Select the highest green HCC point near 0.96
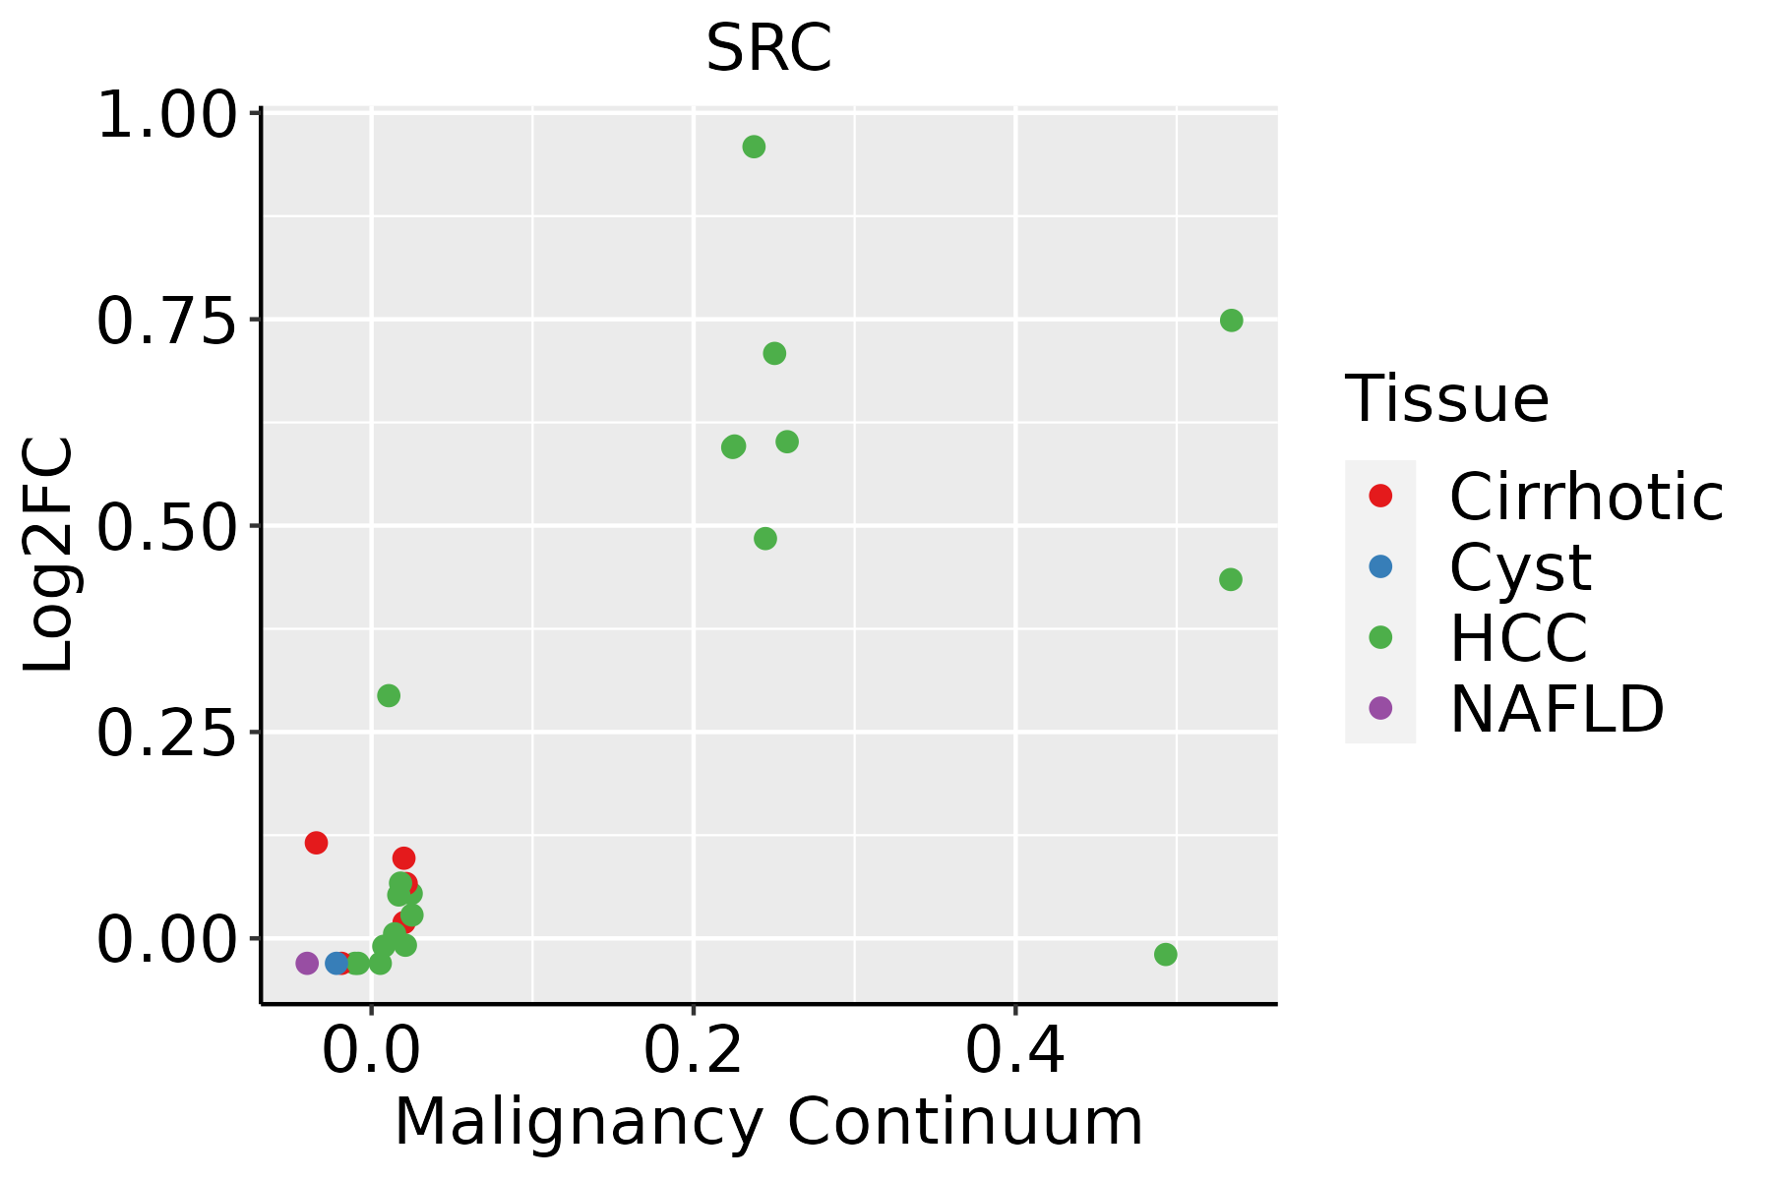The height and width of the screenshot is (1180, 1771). coord(754,147)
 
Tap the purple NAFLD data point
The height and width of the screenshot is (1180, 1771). coord(307,963)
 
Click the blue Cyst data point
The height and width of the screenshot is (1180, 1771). coord(336,963)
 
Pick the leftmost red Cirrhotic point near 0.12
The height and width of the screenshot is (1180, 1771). coord(316,843)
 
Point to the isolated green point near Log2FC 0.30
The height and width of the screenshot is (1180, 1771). coord(389,696)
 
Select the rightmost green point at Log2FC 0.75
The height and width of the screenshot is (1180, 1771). coord(1231,321)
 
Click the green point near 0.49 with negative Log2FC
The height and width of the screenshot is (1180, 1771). coord(1166,955)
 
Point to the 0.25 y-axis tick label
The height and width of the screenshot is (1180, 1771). coord(167,734)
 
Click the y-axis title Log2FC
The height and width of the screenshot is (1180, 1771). coord(49,556)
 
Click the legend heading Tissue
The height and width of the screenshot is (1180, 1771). coord(1447,399)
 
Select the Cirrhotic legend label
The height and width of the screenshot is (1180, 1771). coord(1586,497)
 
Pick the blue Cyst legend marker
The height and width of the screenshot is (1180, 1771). coord(1380,566)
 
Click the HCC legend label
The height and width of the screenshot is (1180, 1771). coord(1518,637)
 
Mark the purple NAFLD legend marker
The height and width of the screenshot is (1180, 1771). coord(1380,708)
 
